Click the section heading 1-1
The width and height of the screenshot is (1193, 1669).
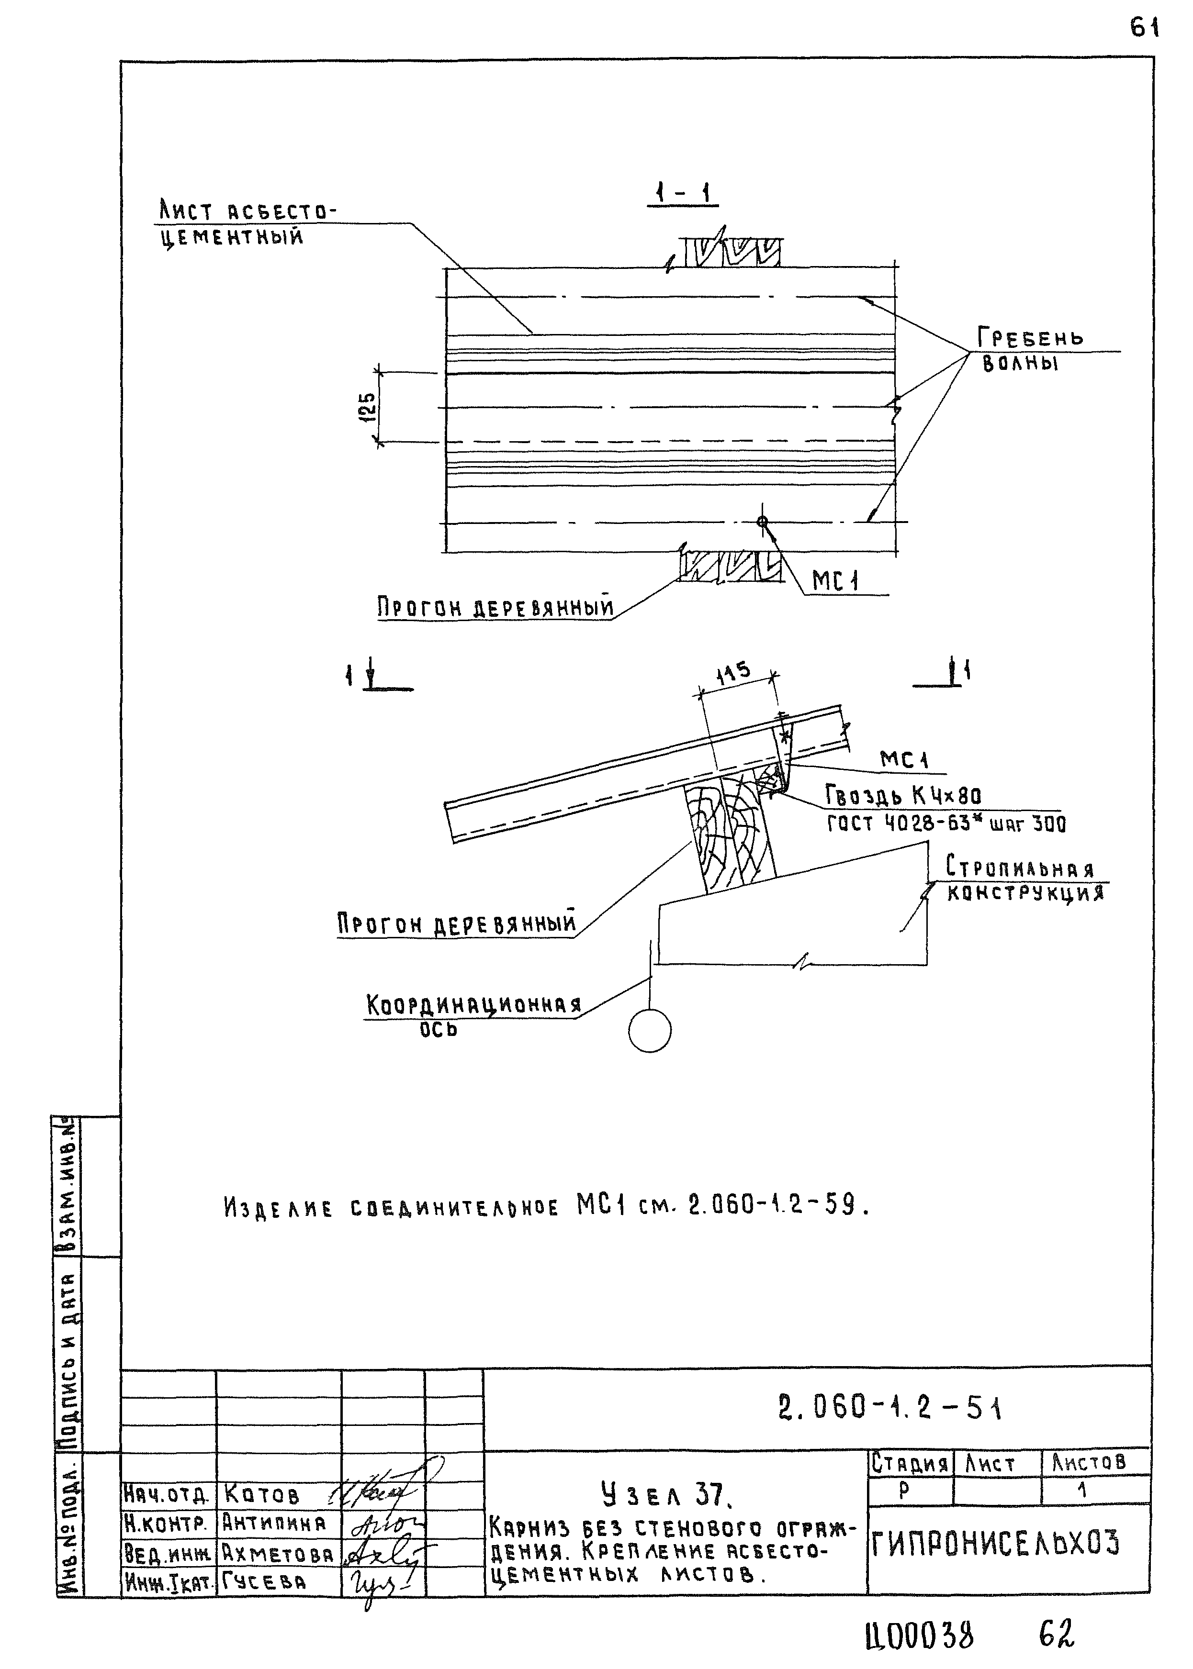(683, 194)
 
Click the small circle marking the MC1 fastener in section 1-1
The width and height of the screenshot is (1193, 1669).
(763, 522)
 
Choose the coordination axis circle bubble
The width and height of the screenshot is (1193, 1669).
(649, 1030)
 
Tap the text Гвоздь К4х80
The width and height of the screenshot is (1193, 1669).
(903, 796)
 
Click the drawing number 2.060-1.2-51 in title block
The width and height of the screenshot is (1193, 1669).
(889, 1408)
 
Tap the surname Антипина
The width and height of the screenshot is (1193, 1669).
(274, 1524)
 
